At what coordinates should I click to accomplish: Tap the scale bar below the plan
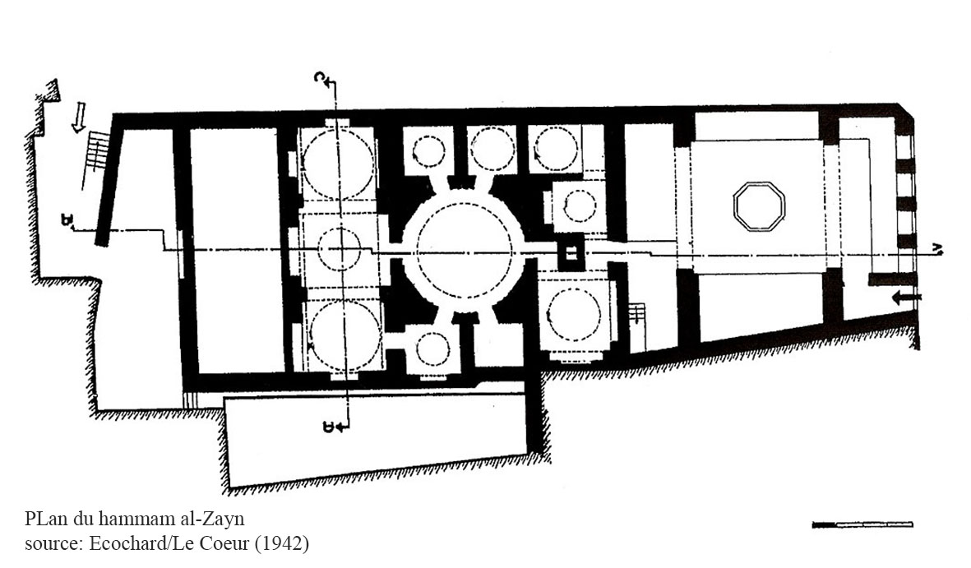pos(862,524)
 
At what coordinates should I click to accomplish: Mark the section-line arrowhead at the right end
pos(938,250)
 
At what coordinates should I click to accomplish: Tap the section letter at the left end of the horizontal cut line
pos(66,219)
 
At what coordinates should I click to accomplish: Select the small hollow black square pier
pos(571,252)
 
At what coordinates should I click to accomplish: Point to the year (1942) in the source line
pos(282,544)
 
